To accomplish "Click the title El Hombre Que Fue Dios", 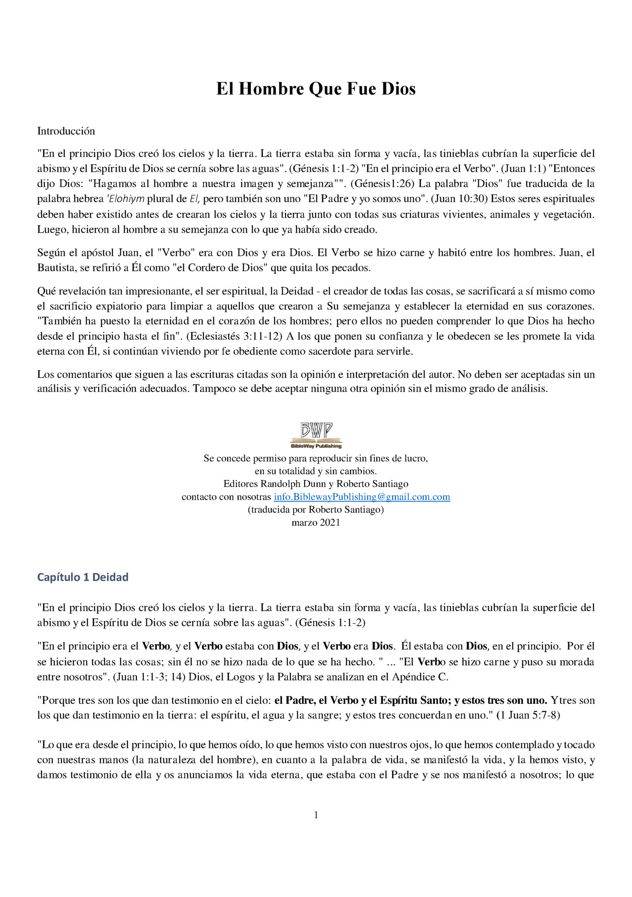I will (x=316, y=89).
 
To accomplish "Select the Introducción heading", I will (x=66, y=131).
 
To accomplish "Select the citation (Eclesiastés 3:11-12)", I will (x=234, y=336).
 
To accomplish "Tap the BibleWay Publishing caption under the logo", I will (x=316, y=446).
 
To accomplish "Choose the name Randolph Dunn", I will (x=293, y=484).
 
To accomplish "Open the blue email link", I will (x=362, y=497).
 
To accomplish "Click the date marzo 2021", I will (x=316, y=522).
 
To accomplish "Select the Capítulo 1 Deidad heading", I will (x=83, y=577).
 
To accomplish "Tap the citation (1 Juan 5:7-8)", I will (x=528, y=715).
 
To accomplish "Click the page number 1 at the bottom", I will (x=316, y=815).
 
